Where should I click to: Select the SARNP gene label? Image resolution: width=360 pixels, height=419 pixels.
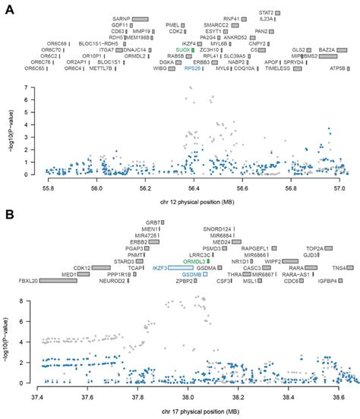(x=122, y=17)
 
